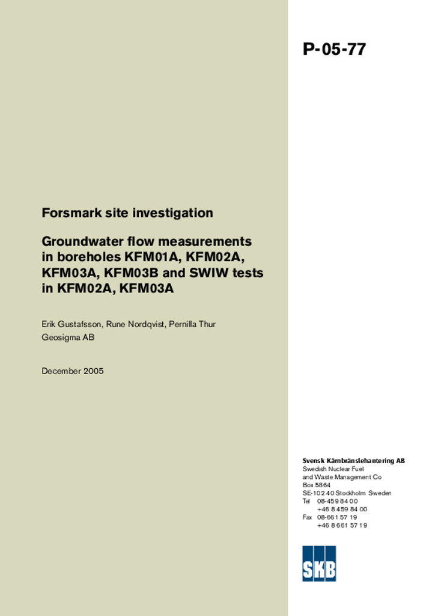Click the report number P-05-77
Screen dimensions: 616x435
pos(334,49)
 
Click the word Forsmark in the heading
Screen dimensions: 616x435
pos(66,213)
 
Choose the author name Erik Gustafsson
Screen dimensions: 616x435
pos(72,324)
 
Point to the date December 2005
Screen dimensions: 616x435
pos(73,371)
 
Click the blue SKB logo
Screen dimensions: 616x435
pos(319,563)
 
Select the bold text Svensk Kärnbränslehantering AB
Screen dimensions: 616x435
pos(353,461)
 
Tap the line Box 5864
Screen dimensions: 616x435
pos(317,485)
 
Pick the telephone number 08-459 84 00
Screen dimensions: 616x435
pos(337,501)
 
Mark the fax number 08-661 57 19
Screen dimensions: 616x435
pos(337,517)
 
